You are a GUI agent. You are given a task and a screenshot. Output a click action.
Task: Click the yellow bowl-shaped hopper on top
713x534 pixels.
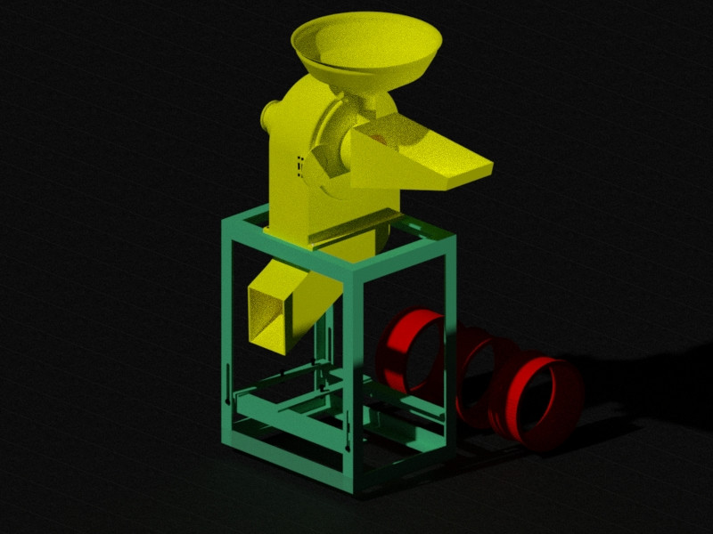click(x=365, y=49)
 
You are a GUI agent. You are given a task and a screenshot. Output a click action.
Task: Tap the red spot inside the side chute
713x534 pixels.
click(x=380, y=138)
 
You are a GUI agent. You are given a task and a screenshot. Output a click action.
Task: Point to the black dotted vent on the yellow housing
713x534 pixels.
click(x=299, y=165)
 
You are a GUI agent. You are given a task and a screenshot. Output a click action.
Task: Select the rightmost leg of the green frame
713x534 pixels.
click(x=449, y=338)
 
